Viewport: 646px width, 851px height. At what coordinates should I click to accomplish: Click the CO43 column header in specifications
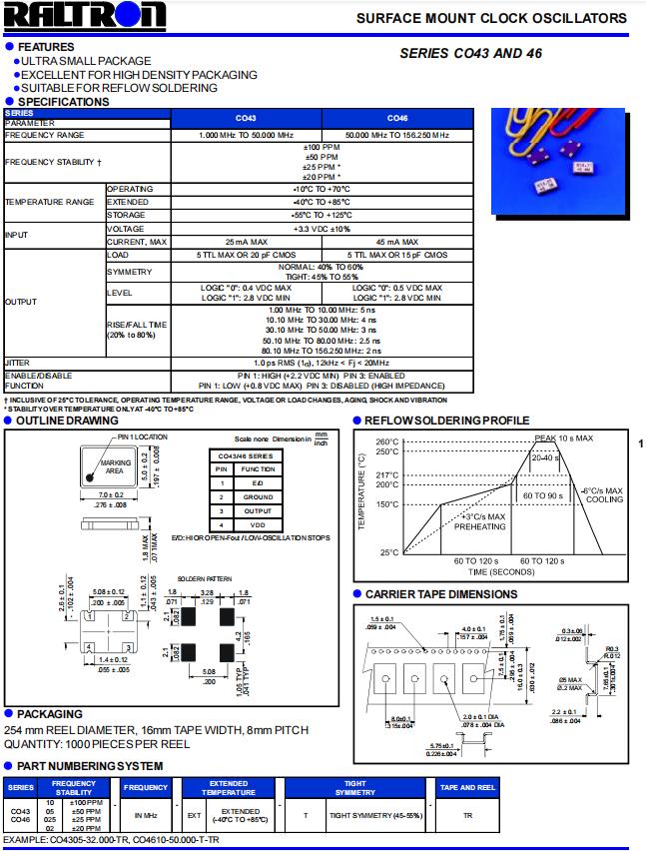[x=246, y=118]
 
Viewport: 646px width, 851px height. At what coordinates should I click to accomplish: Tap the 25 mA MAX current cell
[x=246, y=242]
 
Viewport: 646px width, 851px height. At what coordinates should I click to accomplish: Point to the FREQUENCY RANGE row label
[x=45, y=135]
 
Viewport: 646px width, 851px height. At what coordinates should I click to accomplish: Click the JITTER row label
[x=18, y=362]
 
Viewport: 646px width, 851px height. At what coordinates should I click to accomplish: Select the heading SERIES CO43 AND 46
[x=470, y=54]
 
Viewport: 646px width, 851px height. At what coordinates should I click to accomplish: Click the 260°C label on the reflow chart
[x=387, y=441]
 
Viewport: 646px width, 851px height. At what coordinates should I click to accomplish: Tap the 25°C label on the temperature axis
[x=389, y=552]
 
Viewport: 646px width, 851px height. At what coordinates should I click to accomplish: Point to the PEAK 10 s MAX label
[x=563, y=438]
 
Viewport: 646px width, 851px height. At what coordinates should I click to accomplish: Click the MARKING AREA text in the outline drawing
[x=116, y=466]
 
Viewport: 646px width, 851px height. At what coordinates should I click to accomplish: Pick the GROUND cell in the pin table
[x=258, y=496]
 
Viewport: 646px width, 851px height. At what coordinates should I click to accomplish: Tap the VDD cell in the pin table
[x=258, y=523]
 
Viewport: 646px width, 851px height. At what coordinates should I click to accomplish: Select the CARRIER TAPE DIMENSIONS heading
[x=440, y=594]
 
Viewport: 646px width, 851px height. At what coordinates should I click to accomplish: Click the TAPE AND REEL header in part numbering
[x=467, y=788]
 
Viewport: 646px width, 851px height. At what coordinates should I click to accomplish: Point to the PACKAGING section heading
[x=50, y=714]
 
